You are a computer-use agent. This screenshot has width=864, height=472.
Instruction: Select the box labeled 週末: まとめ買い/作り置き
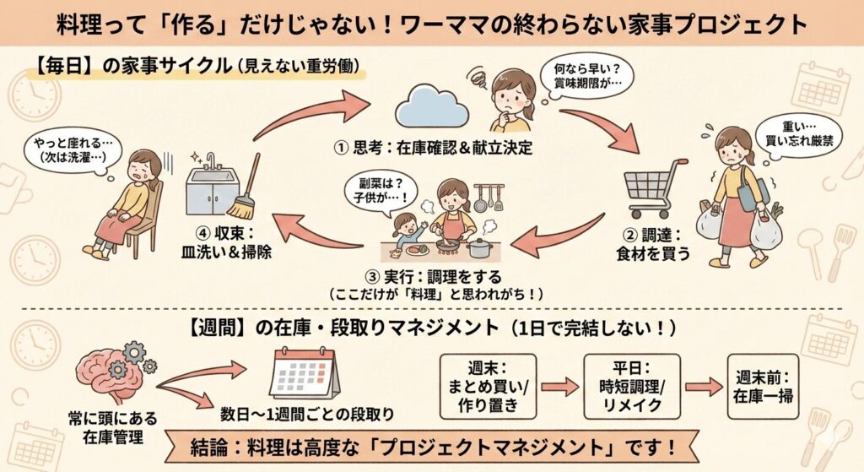point(485,387)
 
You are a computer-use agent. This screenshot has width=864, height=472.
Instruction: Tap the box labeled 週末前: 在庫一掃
point(764,387)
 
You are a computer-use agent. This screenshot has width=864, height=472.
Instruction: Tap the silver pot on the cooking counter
point(480,247)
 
